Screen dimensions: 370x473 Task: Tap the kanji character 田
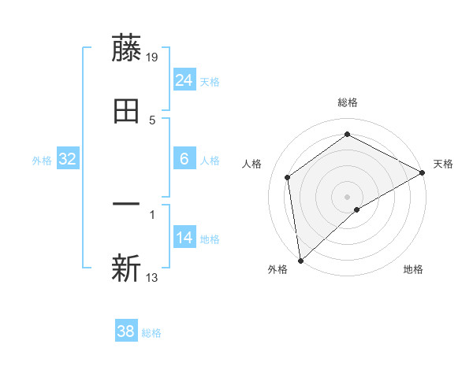coord(126,111)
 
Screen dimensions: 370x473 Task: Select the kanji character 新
coord(126,268)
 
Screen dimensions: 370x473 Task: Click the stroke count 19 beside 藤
coord(153,57)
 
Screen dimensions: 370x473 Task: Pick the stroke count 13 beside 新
coord(153,277)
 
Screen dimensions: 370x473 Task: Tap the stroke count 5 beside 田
coord(152,120)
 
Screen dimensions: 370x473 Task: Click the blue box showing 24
coord(184,80)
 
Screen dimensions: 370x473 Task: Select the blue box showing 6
coord(184,159)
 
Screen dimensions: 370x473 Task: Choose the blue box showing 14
coord(184,238)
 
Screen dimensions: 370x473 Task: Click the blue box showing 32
coord(68,159)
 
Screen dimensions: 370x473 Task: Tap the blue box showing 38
coord(126,331)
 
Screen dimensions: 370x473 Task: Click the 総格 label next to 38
coord(151,333)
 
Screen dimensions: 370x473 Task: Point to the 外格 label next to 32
coord(42,161)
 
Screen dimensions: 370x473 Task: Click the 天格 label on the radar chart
coord(443,164)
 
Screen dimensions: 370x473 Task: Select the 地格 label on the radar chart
coord(413,270)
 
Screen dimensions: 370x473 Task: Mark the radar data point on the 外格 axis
coord(300,260)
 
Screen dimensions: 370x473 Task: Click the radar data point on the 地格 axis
coord(357,209)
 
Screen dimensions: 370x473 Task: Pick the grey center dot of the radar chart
coord(347,196)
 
